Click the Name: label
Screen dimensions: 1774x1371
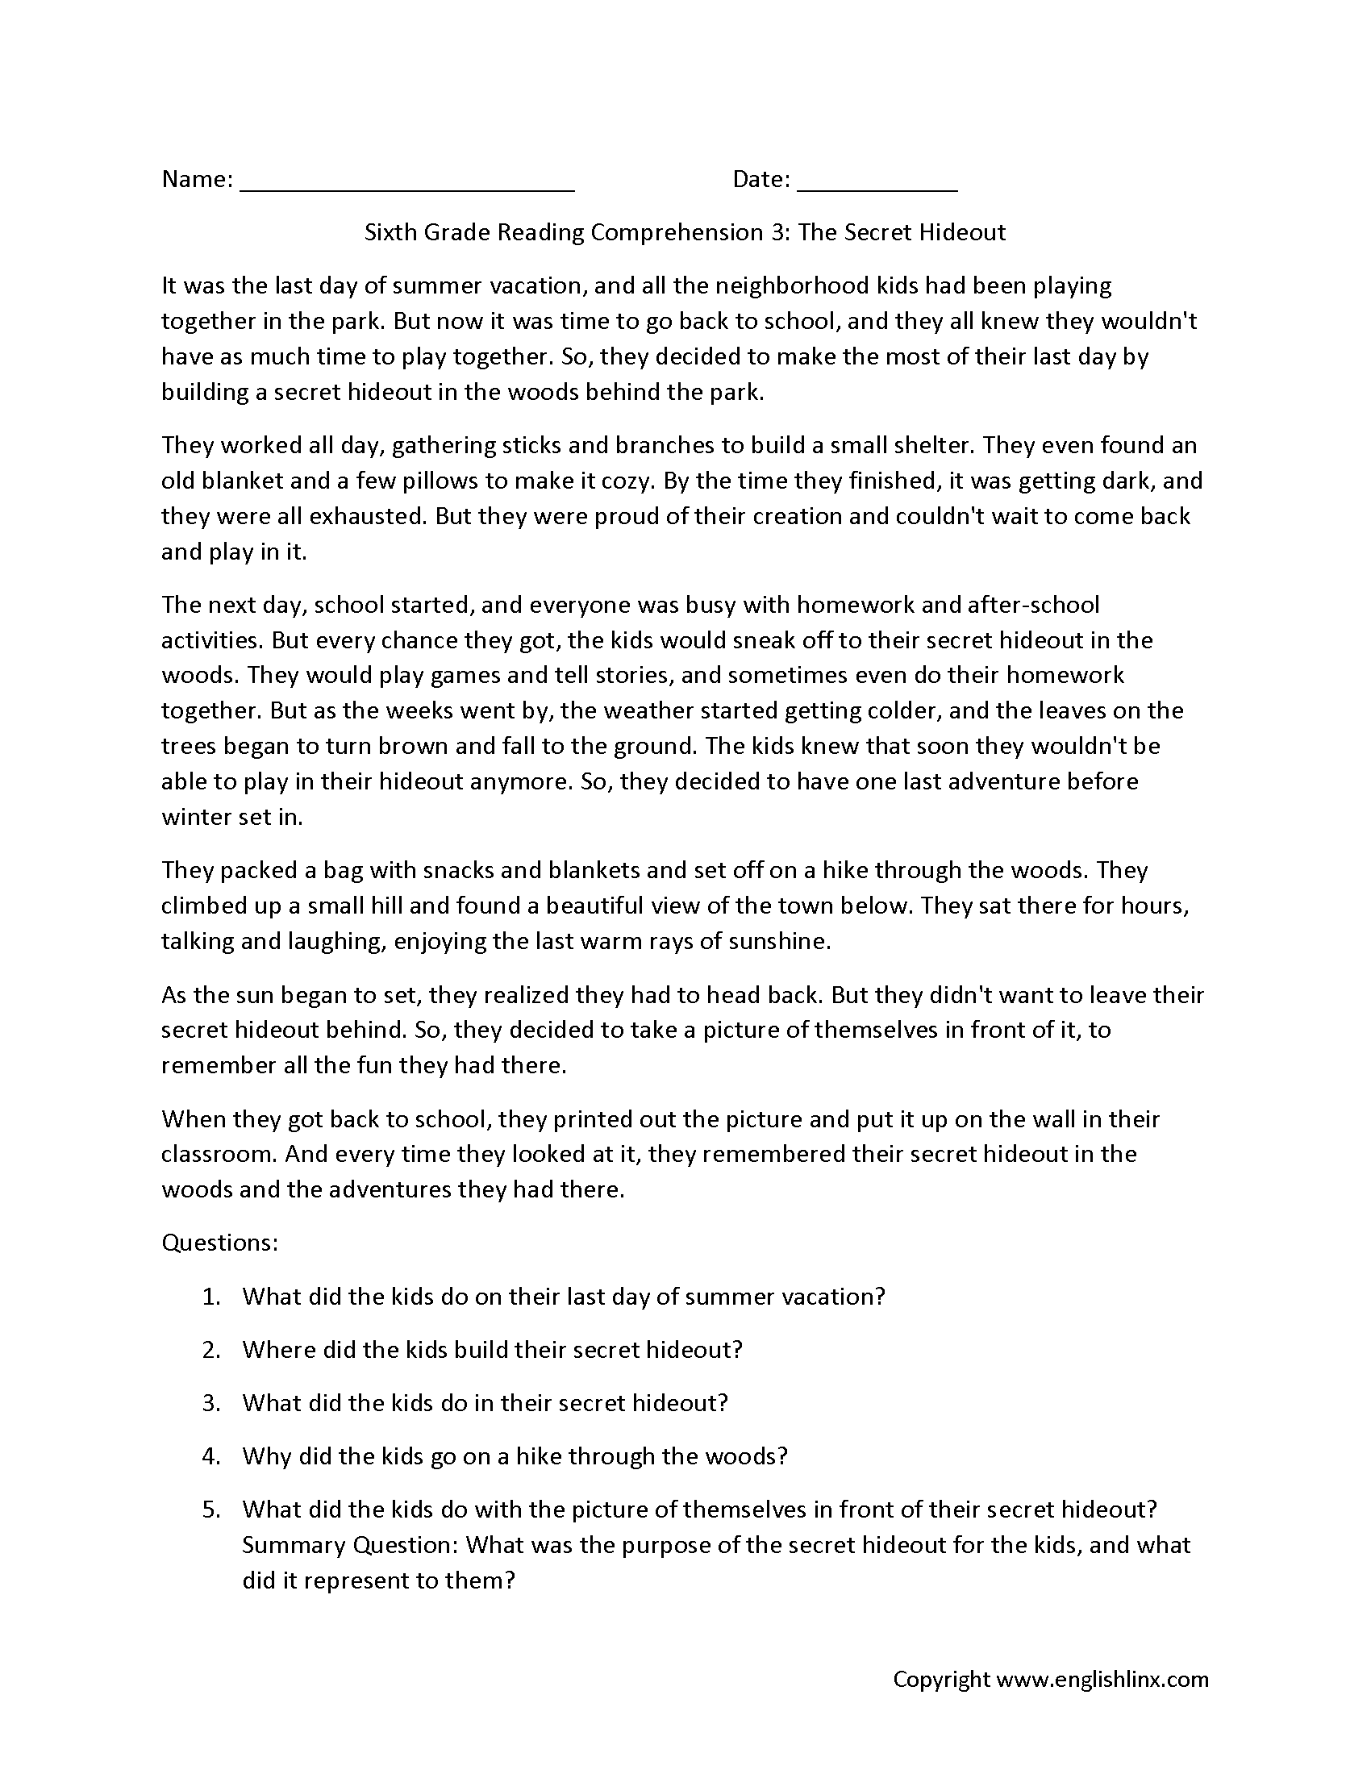(x=198, y=180)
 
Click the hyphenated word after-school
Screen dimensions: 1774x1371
(x=1033, y=605)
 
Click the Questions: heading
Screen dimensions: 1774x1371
(x=220, y=1243)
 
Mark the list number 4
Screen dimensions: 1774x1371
(x=211, y=1456)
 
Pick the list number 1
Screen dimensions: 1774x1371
(x=211, y=1297)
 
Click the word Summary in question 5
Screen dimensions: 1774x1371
(x=294, y=1545)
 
